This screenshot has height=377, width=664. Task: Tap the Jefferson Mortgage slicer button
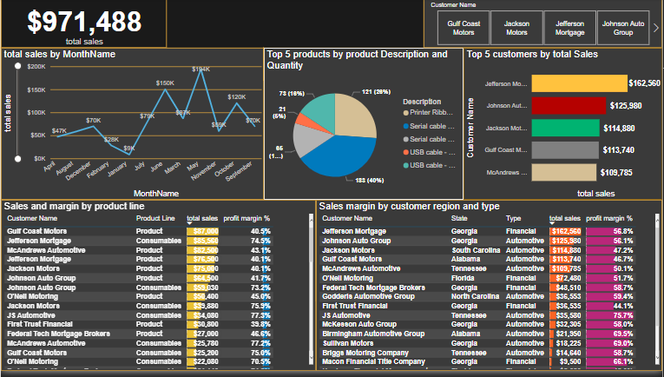point(569,27)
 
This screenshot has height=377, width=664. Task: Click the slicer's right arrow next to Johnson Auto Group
point(655,27)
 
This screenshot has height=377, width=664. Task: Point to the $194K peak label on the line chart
point(201,69)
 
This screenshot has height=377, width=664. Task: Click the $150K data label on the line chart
point(165,83)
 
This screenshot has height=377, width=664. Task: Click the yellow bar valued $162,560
point(578,83)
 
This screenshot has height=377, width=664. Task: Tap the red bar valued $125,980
point(565,105)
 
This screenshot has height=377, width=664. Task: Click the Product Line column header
point(155,218)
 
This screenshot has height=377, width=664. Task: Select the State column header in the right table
point(460,218)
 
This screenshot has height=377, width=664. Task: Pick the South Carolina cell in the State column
point(477,249)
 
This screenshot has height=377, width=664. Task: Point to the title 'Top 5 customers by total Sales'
point(532,54)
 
